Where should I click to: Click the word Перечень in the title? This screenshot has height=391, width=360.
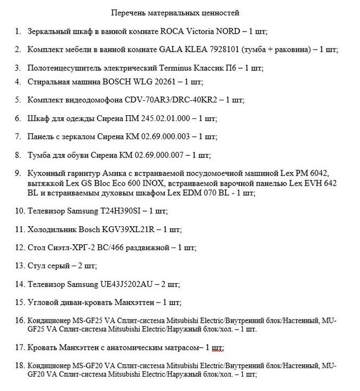127,12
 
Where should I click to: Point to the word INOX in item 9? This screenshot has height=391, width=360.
155,183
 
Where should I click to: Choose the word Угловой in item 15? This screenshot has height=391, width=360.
43,302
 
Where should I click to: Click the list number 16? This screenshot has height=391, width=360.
20,321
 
